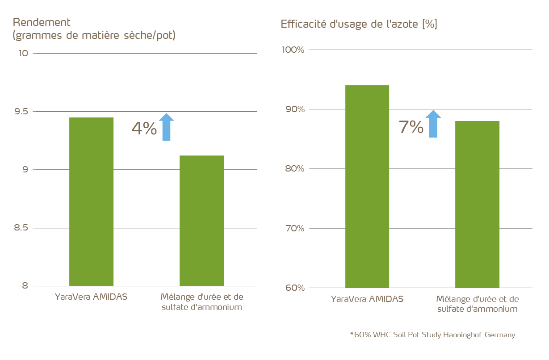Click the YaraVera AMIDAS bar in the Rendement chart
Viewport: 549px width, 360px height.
pos(91,201)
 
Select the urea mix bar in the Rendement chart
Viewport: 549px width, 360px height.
pos(201,221)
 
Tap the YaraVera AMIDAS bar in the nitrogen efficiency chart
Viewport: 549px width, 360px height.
pos(367,186)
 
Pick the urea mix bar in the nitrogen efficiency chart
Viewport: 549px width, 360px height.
pos(477,204)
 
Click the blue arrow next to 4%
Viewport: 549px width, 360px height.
pos(166,127)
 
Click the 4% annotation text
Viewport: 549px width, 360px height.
pos(144,128)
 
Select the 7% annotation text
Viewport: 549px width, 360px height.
pos(411,127)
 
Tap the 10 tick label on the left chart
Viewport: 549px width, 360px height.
pos(23,53)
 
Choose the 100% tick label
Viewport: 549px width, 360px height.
pos(293,50)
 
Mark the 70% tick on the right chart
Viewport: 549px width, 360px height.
pos(295,228)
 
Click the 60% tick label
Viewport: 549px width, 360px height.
pos(295,288)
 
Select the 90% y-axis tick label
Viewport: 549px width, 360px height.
pos(295,109)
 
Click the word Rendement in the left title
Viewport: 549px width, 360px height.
pos(42,22)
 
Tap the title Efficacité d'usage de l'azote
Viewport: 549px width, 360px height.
pos(359,24)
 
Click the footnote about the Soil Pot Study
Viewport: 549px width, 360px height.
pos(432,335)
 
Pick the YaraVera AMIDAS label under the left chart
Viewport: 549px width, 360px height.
pos(91,297)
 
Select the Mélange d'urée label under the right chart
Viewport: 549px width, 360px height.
pos(477,304)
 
